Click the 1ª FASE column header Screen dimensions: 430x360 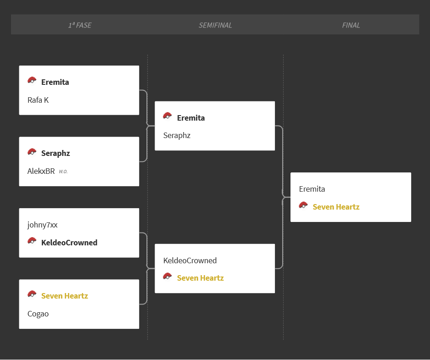click(80, 25)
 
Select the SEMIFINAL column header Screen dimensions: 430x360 click(215, 25)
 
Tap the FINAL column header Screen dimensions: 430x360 click(351, 25)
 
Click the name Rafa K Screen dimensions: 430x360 click(38, 100)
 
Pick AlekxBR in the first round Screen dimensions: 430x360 click(41, 171)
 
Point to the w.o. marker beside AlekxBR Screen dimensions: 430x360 click(63, 172)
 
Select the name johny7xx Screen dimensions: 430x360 click(43, 225)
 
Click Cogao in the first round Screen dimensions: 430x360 click(38, 314)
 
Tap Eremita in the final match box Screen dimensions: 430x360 click(312, 189)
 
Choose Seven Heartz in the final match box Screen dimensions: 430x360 click(336, 207)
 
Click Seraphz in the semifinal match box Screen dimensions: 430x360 click(177, 136)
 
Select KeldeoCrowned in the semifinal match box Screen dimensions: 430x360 click(190, 260)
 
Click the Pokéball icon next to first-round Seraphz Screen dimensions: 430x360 click(32, 152)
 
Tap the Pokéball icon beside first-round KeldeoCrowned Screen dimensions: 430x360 click(32, 241)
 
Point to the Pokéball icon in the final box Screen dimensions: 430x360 click(303, 205)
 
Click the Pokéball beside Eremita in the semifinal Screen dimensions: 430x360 click(168, 116)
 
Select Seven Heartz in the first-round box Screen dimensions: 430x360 click(65, 296)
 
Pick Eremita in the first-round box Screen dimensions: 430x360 click(55, 82)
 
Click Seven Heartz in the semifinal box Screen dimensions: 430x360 click(201, 278)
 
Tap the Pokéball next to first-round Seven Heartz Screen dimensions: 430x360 click(32, 294)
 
